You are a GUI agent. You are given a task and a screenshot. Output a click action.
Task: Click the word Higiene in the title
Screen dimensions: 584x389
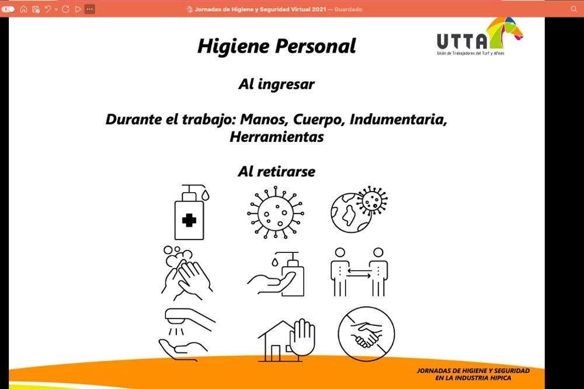(234, 47)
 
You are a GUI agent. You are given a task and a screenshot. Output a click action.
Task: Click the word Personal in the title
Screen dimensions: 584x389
(316, 46)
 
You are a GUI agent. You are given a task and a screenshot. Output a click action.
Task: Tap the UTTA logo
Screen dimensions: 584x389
(479, 37)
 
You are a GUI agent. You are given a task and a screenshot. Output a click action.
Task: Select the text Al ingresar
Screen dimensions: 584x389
(277, 85)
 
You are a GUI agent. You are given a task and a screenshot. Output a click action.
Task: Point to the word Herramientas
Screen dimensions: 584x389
(277, 137)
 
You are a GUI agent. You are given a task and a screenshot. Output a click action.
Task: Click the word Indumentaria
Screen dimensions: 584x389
(398, 120)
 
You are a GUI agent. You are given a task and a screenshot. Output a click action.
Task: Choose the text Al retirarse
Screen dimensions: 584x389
(277, 172)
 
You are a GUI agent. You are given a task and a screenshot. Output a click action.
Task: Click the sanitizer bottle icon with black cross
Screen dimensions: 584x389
(192, 212)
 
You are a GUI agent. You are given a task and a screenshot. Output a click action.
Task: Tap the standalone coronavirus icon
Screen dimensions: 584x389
(276, 213)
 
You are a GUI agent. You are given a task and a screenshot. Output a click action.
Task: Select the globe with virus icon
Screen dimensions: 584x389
(359, 210)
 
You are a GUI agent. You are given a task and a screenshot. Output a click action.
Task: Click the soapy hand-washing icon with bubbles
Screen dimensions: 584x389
(187, 273)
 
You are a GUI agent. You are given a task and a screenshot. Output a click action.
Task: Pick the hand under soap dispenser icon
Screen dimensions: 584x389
(276, 274)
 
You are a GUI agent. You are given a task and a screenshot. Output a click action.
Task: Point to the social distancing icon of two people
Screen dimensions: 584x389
(359, 272)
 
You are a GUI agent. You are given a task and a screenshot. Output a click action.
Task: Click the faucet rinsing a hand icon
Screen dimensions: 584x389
(187, 335)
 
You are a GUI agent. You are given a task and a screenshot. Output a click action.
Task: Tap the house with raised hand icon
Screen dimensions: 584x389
(287, 340)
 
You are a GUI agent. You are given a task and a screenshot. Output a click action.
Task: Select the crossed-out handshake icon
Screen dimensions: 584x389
(366, 334)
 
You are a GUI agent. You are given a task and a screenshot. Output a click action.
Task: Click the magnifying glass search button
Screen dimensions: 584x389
(574, 9)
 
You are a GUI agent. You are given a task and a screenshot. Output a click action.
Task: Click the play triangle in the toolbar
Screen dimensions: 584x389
(78, 9)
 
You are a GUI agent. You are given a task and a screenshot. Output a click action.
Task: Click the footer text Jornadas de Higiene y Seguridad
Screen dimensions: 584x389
(473, 371)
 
